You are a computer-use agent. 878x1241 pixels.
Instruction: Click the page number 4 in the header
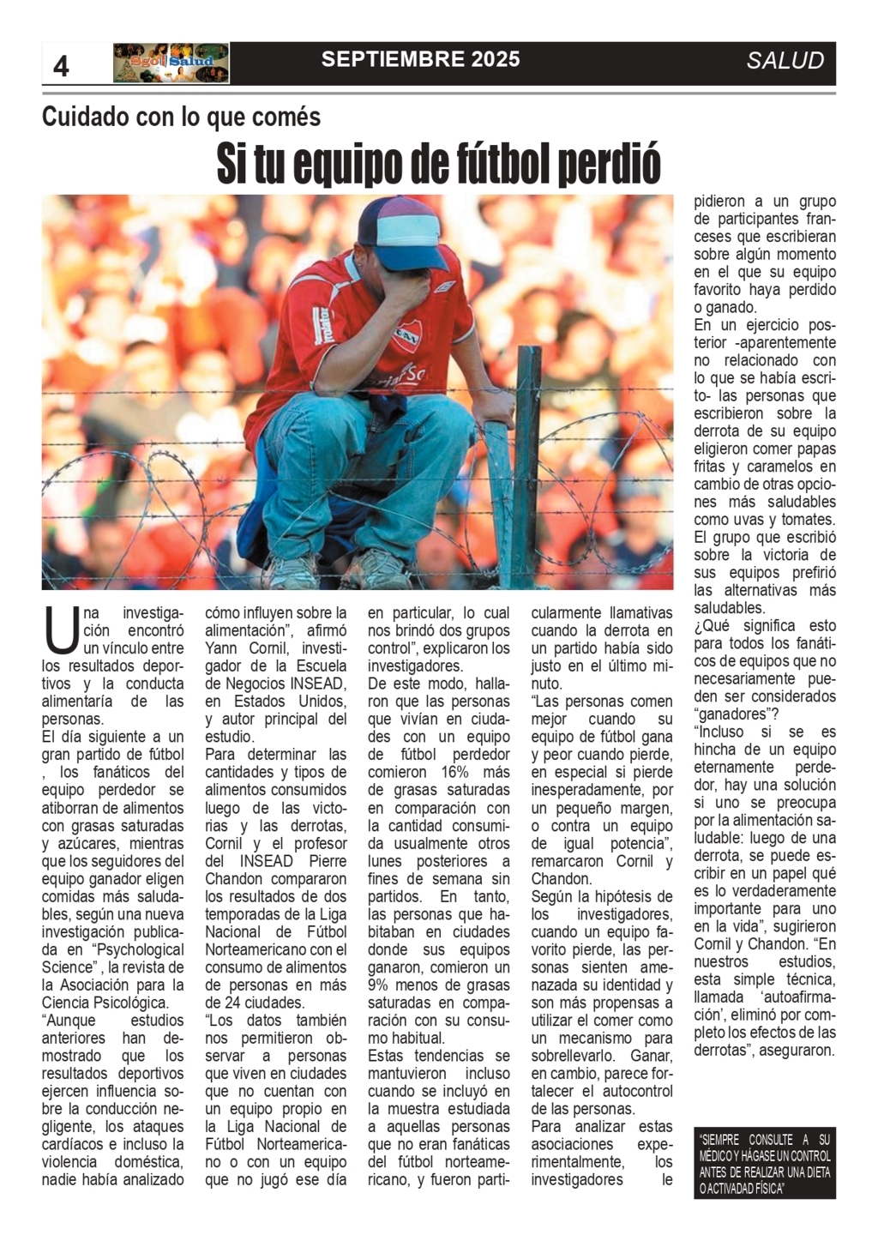[x=61, y=65]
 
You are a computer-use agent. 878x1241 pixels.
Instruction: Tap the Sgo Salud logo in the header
[x=171, y=63]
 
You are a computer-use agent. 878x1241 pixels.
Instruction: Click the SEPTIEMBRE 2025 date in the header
[x=420, y=59]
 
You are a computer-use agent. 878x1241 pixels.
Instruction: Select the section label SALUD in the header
[x=785, y=61]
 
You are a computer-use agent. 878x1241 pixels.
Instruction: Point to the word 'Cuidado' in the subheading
[x=86, y=117]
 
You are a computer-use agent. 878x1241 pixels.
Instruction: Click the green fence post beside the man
[x=527, y=463]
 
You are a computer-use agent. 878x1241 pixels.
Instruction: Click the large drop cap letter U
[x=61, y=630]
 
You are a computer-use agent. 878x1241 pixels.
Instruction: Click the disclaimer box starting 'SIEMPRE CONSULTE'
[x=764, y=1164]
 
